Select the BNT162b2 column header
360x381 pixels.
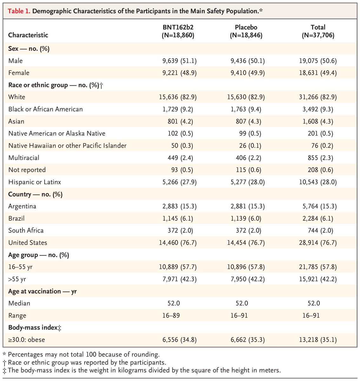pos(177,31)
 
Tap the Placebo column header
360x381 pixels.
pos(246,31)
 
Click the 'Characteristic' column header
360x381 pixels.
pos(28,35)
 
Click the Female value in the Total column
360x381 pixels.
pos(318,73)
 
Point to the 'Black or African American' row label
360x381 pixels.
pos(45,109)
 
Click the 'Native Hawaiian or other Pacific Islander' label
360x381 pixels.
pos(67,146)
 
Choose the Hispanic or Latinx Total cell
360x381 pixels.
pos(318,182)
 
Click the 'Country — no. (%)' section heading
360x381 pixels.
pos(35,194)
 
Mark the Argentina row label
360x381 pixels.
pos(22,206)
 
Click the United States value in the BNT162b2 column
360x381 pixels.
pos(177,243)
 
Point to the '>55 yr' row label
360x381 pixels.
pos(17,279)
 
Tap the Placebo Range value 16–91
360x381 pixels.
pos(239,316)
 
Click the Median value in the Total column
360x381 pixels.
pos(314,303)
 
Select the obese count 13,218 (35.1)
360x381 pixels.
pos(318,340)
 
